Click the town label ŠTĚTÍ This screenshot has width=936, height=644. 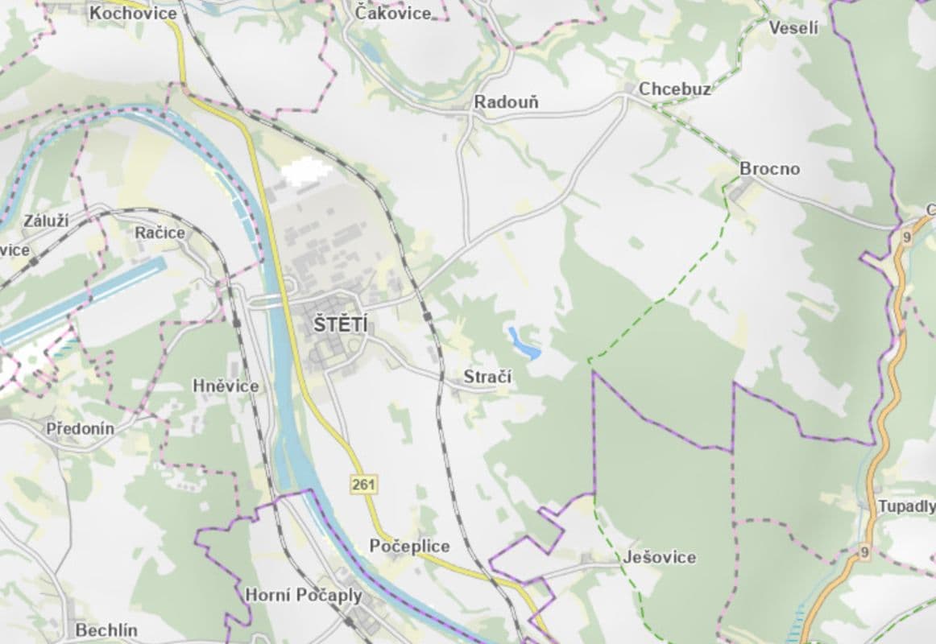(339, 325)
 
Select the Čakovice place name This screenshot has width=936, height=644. (393, 12)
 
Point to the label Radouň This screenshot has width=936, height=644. (506, 102)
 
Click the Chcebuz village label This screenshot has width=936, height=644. (674, 89)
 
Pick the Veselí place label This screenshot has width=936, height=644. (793, 28)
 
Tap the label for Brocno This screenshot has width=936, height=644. (769, 168)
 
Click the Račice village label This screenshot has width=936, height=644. (159, 233)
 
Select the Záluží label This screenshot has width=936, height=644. (46, 221)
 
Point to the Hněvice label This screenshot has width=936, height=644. (226, 386)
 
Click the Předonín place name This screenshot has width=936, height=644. (80, 428)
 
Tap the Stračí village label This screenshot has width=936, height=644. (487, 377)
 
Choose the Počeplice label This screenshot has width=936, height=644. (409, 546)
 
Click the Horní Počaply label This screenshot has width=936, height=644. (303, 595)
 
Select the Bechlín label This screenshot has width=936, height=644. (106, 630)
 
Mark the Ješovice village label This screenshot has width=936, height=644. (659, 557)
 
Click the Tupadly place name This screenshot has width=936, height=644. (906, 506)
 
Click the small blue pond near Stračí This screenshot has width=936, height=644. (524, 344)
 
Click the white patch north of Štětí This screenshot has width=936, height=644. (304, 172)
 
